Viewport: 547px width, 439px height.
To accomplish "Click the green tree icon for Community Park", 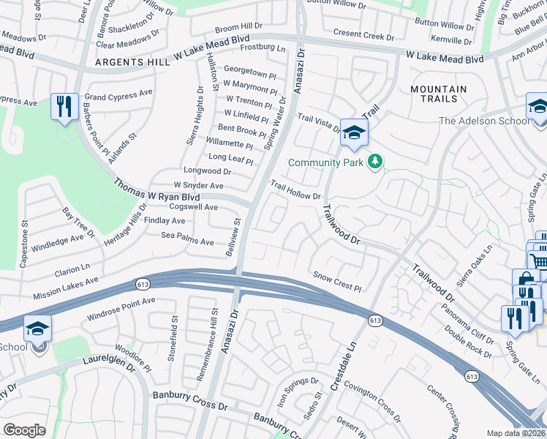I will tap(375, 161).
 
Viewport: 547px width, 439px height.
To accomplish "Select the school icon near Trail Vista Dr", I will tap(354, 132).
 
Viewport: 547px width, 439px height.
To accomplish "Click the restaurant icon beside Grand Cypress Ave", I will tap(65, 107).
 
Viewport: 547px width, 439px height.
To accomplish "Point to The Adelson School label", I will tap(485, 121).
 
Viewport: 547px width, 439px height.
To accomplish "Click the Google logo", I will tap(24, 430).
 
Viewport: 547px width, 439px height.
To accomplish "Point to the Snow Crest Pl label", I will tap(338, 277).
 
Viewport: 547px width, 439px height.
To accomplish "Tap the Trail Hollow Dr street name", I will tap(296, 191).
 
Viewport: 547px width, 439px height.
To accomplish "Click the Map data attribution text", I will tap(516, 433).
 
